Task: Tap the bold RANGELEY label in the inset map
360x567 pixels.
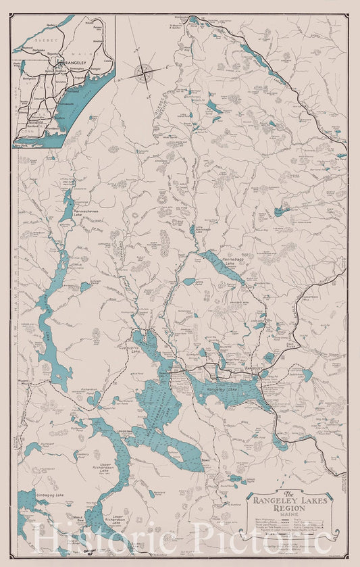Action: pos(71,63)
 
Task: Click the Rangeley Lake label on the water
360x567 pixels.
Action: pos(224,390)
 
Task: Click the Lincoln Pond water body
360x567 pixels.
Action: pos(85,287)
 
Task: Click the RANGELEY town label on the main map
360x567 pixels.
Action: pos(252,368)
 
